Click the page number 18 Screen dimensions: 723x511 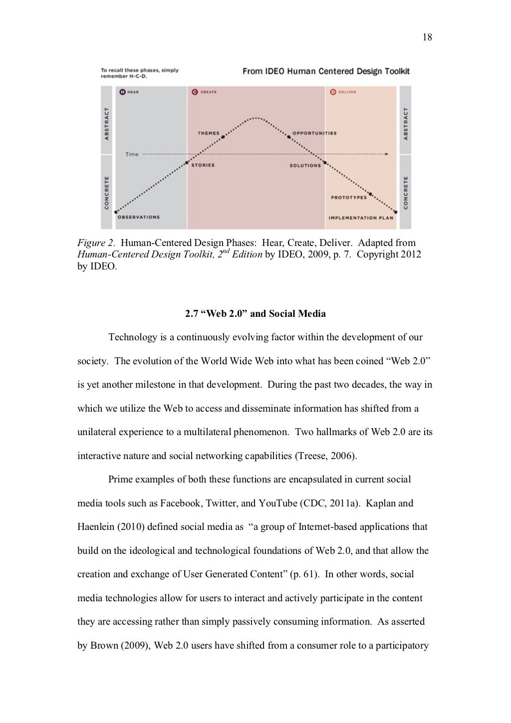427,37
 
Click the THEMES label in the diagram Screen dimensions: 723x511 209,133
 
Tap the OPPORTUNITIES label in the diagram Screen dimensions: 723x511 314,133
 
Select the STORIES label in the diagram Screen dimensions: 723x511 203,165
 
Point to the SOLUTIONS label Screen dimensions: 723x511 305,165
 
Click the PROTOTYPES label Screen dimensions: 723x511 348,198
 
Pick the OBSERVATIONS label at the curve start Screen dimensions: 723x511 138,217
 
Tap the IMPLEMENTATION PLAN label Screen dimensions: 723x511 361,218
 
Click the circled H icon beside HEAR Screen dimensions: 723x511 122,92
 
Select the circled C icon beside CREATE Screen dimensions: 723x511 195,92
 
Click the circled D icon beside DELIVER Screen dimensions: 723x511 333,92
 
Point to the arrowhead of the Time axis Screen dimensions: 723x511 387,154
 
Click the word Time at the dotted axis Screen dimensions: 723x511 132,154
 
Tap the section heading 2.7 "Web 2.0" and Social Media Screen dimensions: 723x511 255,314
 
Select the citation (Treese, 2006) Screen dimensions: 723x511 325,456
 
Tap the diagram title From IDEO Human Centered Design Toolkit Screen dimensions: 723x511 326,71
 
